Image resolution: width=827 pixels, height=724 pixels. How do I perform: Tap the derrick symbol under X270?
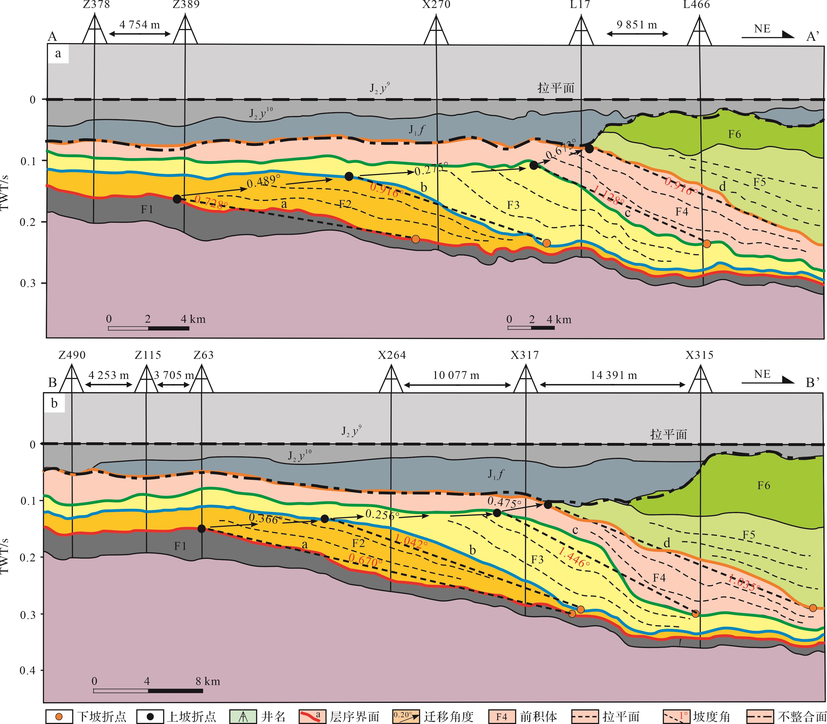click(436, 30)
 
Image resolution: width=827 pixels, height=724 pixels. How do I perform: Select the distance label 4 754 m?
click(140, 25)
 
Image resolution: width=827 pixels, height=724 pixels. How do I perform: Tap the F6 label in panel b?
click(763, 485)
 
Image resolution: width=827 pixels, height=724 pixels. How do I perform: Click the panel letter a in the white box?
click(58, 53)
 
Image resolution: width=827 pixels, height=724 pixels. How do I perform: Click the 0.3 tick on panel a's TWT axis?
click(28, 283)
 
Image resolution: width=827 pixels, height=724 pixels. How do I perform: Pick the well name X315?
click(699, 355)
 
